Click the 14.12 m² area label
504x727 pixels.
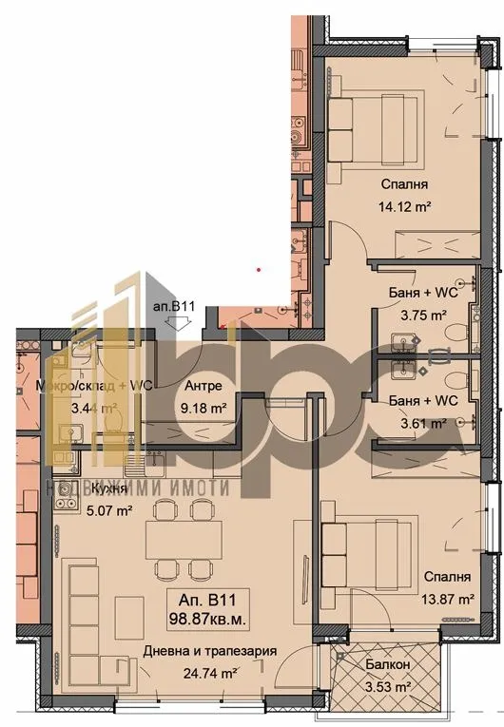coord(404,202)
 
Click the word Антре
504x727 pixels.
coord(204,387)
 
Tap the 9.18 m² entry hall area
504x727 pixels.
coord(204,410)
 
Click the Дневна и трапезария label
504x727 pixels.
coord(209,651)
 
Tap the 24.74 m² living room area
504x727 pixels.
coord(209,673)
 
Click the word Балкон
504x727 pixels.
coord(390,665)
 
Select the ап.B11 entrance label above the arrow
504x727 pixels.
coord(174,306)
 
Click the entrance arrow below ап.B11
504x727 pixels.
coord(174,323)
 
